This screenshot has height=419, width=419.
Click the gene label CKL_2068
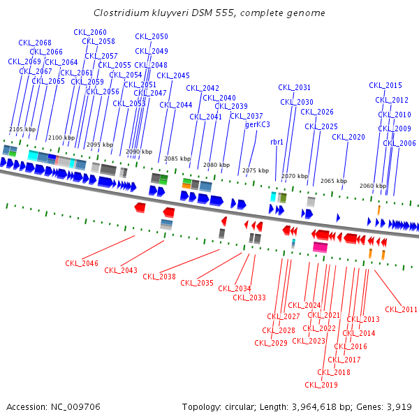(x=34, y=43)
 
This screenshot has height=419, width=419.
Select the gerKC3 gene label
(x=258, y=124)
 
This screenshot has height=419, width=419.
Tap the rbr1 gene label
(x=277, y=142)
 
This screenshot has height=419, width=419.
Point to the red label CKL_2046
(x=82, y=263)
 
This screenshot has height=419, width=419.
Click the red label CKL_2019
(x=321, y=385)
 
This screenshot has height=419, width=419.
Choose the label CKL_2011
(x=402, y=309)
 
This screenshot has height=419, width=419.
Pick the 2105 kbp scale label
(x=22, y=129)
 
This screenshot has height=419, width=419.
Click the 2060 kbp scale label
(x=373, y=186)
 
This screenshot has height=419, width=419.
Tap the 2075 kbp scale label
(x=256, y=170)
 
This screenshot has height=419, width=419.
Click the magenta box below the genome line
(x=321, y=247)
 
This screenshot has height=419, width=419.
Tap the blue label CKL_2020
(x=348, y=137)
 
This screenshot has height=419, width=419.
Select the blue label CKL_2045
(x=173, y=75)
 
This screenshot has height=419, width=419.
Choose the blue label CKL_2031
(x=295, y=87)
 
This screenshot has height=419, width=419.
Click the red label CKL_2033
(x=249, y=297)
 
